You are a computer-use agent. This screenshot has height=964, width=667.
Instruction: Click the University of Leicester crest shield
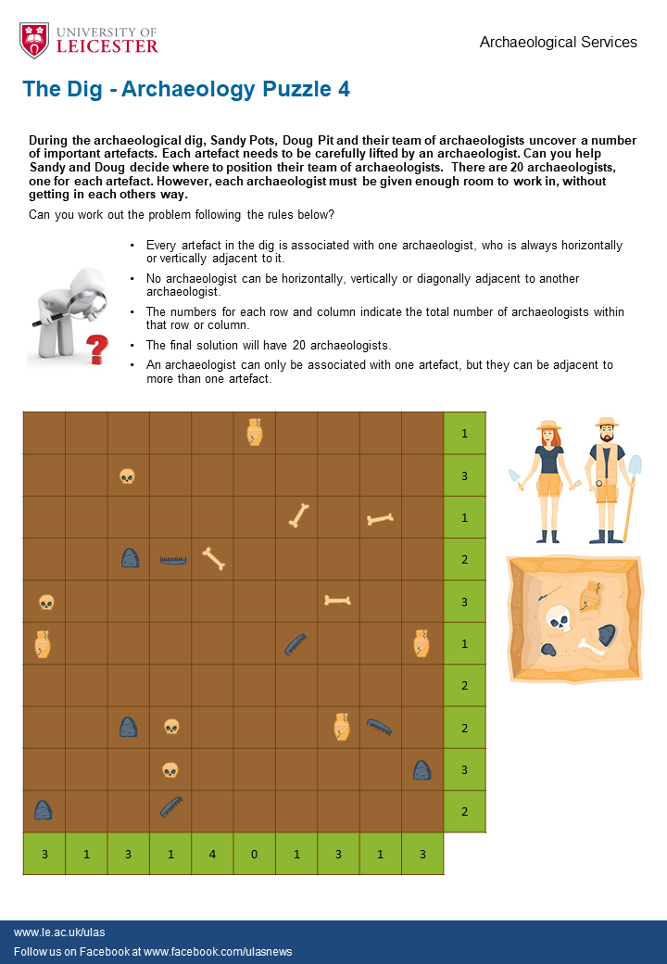[34, 40]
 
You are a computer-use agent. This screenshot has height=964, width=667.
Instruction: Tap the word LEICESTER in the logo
[107, 45]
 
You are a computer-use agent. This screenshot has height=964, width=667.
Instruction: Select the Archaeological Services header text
[558, 42]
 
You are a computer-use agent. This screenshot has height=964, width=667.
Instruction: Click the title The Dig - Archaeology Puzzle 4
[186, 89]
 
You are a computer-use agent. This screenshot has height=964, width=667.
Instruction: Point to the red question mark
[96, 349]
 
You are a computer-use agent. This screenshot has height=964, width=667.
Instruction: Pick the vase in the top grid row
[255, 432]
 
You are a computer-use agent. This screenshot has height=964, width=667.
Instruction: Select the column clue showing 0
[255, 854]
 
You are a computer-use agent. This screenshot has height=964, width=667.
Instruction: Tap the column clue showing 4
[212, 854]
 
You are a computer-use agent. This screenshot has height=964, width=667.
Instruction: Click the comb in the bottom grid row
[170, 807]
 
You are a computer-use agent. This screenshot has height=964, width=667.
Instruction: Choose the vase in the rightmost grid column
[422, 642]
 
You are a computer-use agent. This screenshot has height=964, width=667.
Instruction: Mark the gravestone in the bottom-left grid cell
[44, 809]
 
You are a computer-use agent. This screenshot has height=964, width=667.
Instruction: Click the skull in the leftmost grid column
[45, 602]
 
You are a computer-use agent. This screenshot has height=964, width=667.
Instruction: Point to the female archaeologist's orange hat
[549, 426]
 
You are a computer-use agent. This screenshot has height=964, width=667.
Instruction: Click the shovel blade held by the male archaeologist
[635, 465]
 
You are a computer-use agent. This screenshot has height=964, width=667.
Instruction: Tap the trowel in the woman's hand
[515, 478]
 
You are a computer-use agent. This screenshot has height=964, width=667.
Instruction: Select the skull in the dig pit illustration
[558, 618]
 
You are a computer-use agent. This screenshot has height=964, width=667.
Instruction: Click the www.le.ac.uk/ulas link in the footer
[53, 932]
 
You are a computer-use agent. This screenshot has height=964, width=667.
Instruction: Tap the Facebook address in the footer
[218, 952]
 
